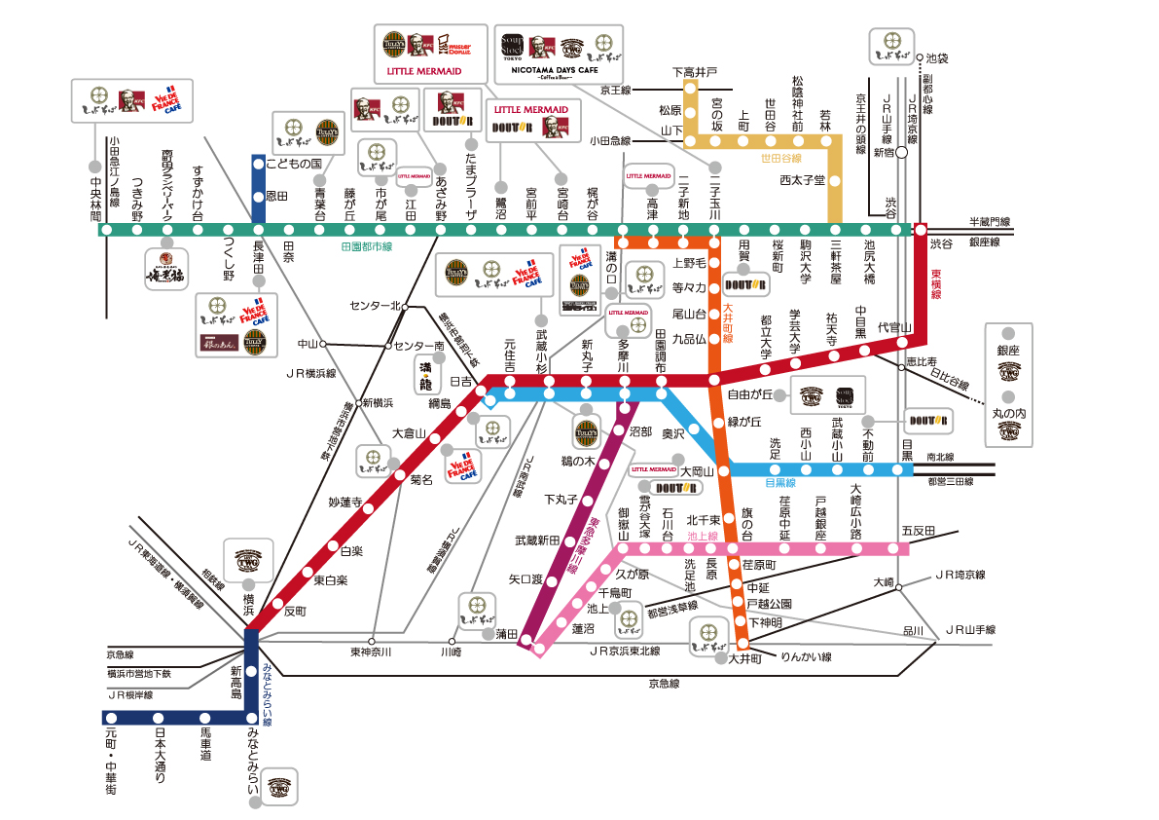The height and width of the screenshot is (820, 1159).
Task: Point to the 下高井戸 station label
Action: click(695, 72)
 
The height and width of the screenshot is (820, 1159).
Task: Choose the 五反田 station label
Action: click(918, 531)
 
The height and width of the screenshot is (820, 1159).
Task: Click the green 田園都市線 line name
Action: click(366, 247)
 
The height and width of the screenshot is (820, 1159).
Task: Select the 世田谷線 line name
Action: click(782, 158)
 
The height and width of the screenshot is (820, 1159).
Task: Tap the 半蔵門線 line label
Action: click(990, 223)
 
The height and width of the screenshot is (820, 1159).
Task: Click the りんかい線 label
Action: click(807, 656)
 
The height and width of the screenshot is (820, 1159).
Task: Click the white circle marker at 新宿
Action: click(902, 153)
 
